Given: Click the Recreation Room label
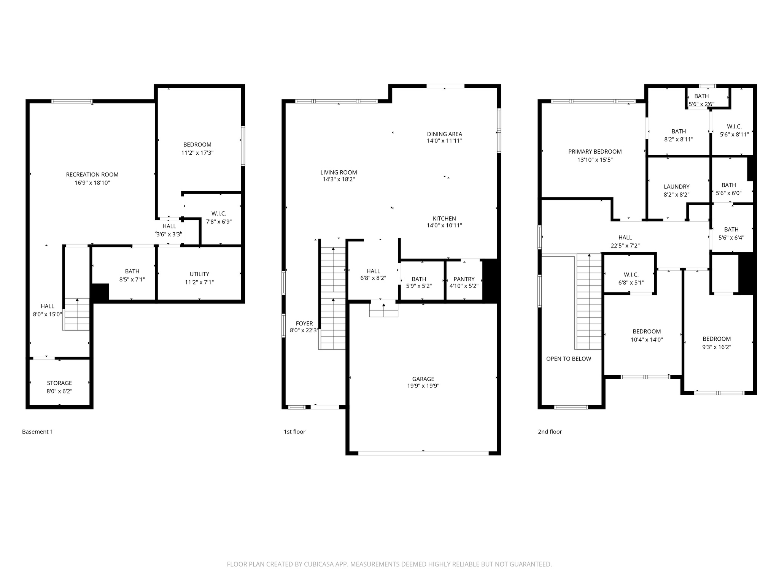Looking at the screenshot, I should pos(92,175).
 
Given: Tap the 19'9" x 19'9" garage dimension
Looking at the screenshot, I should pos(423,386).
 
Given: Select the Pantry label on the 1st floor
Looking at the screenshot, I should pos(464,279).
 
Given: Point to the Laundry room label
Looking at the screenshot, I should pos(676,187).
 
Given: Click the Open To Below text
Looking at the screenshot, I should pos(568,359).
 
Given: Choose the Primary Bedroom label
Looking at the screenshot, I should pos(595,152).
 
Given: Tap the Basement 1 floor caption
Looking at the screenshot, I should pos(37,432).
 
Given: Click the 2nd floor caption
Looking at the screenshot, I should pos(550,432).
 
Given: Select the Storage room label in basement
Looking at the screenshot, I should pos(59,383).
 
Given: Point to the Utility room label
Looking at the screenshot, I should pos(199,274).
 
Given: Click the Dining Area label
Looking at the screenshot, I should pos(444,134).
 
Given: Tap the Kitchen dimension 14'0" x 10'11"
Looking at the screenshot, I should pos(444,225).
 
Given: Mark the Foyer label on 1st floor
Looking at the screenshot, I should pos(304,324).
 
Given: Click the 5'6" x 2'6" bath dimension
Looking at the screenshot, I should pos(701,104).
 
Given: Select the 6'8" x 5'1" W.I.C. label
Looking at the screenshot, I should pos(631,283).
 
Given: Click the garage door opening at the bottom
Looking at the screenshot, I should pos(423,453).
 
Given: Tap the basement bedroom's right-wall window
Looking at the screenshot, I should pos(243,146).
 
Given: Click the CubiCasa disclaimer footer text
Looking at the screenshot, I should pos(389,564).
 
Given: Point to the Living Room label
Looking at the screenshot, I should pos(339,172).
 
